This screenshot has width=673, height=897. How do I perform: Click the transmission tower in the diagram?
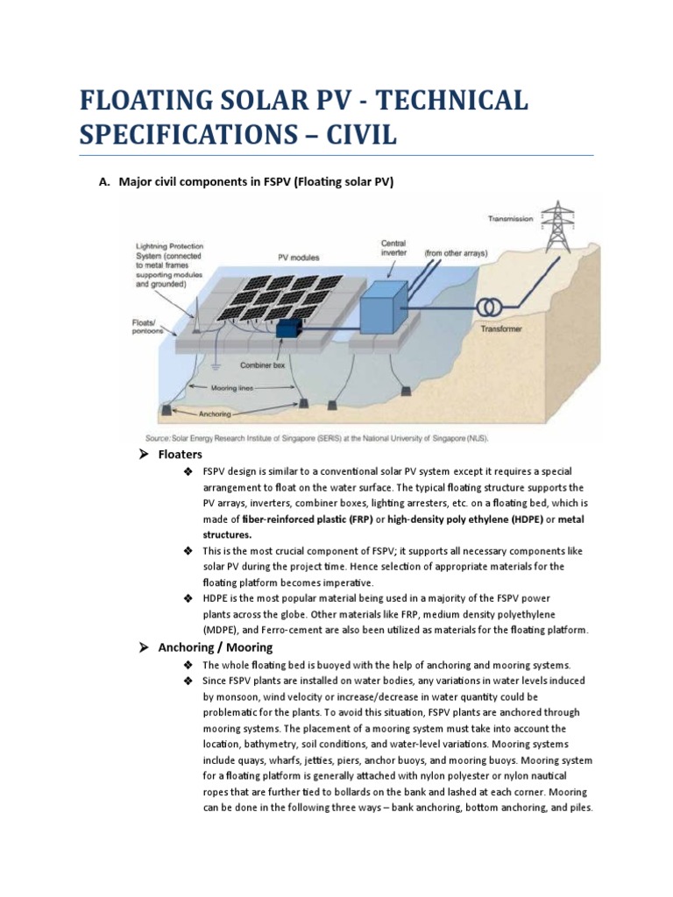click(554, 228)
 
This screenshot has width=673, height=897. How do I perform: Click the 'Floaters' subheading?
click(180, 455)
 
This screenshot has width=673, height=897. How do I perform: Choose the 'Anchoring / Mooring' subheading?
click(215, 647)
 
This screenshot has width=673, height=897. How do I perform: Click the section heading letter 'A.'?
click(103, 182)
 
